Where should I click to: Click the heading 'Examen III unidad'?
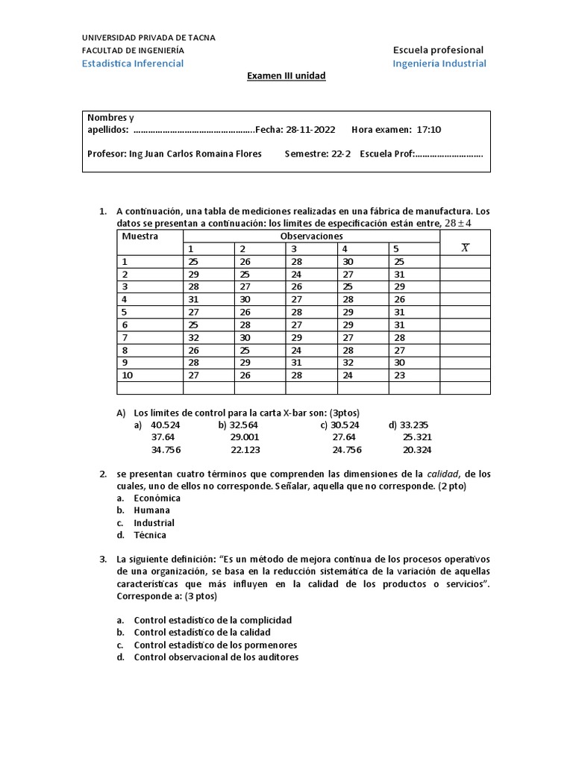[x=286, y=76]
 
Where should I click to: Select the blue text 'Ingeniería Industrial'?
[x=439, y=63]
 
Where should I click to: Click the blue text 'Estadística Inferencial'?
[x=133, y=63]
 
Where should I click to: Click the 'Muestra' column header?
[x=140, y=236]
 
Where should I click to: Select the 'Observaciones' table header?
[x=311, y=236]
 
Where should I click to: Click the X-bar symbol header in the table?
[x=465, y=248]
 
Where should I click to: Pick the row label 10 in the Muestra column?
[x=127, y=375]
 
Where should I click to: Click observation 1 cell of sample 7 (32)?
[x=193, y=337]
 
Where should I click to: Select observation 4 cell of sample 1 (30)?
[x=348, y=261]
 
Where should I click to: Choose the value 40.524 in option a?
[x=166, y=425]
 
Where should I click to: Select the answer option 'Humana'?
[x=152, y=510]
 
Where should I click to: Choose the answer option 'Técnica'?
[x=150, y=535]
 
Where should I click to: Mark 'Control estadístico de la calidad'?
[x=202, y=633]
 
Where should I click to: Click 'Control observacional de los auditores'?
[x=216, y=657]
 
